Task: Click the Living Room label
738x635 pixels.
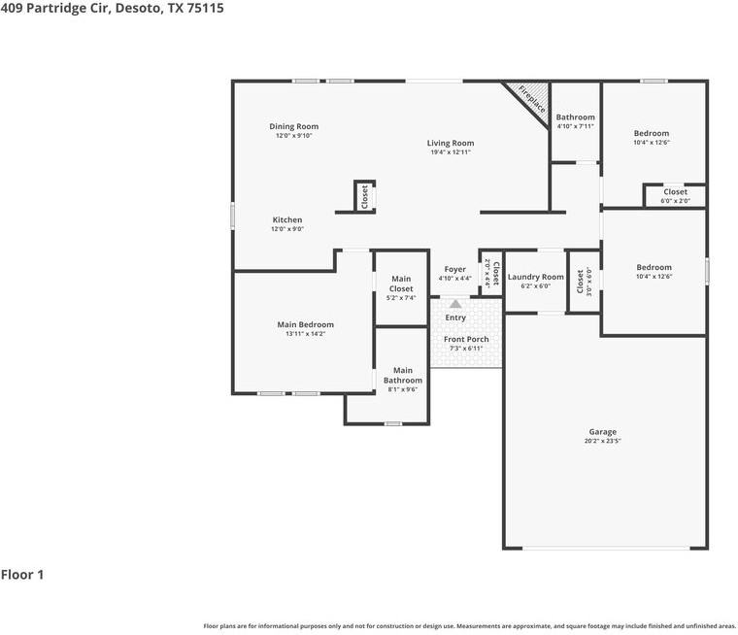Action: pyautogui.click(x=451, y=143)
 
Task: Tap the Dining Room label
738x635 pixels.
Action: pyautogui.click(x=293, y=126)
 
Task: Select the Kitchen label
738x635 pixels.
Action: pyautogui.click(x=286, y=219)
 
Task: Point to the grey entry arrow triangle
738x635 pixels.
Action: pyautogui.click(x=455, y=304)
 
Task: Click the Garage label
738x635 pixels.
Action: pyautogui.click(x=602, y=432)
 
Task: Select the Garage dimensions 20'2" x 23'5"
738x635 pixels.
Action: pyautogui.click(x=602, y=441)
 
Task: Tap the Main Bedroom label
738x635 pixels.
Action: pyautogui.click(x=305, y=324)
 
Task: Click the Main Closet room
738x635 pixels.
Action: pyautogui.click(x=401, y=287)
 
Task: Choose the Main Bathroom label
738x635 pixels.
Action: pyautogui.click(x=402, y=375)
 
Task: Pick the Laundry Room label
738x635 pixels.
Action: pyautogui.click(x=535, y=277)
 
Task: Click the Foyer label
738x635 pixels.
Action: pyautogui.click(x=454, y=269)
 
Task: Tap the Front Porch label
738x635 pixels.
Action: pyautogui.click(x=466, y=339)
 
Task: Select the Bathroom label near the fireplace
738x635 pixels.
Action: pyautogui.click(x=575, y=117)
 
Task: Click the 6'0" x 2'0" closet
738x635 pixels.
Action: pyautogui.click(x=675, y=196)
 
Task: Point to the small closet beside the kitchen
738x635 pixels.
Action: pyautogui.click(x=364, y=197)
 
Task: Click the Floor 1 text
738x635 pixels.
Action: pyautogui.click(x=22, y=575)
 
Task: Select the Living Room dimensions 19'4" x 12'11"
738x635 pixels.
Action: pyautogui.click(x=451, y=152)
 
